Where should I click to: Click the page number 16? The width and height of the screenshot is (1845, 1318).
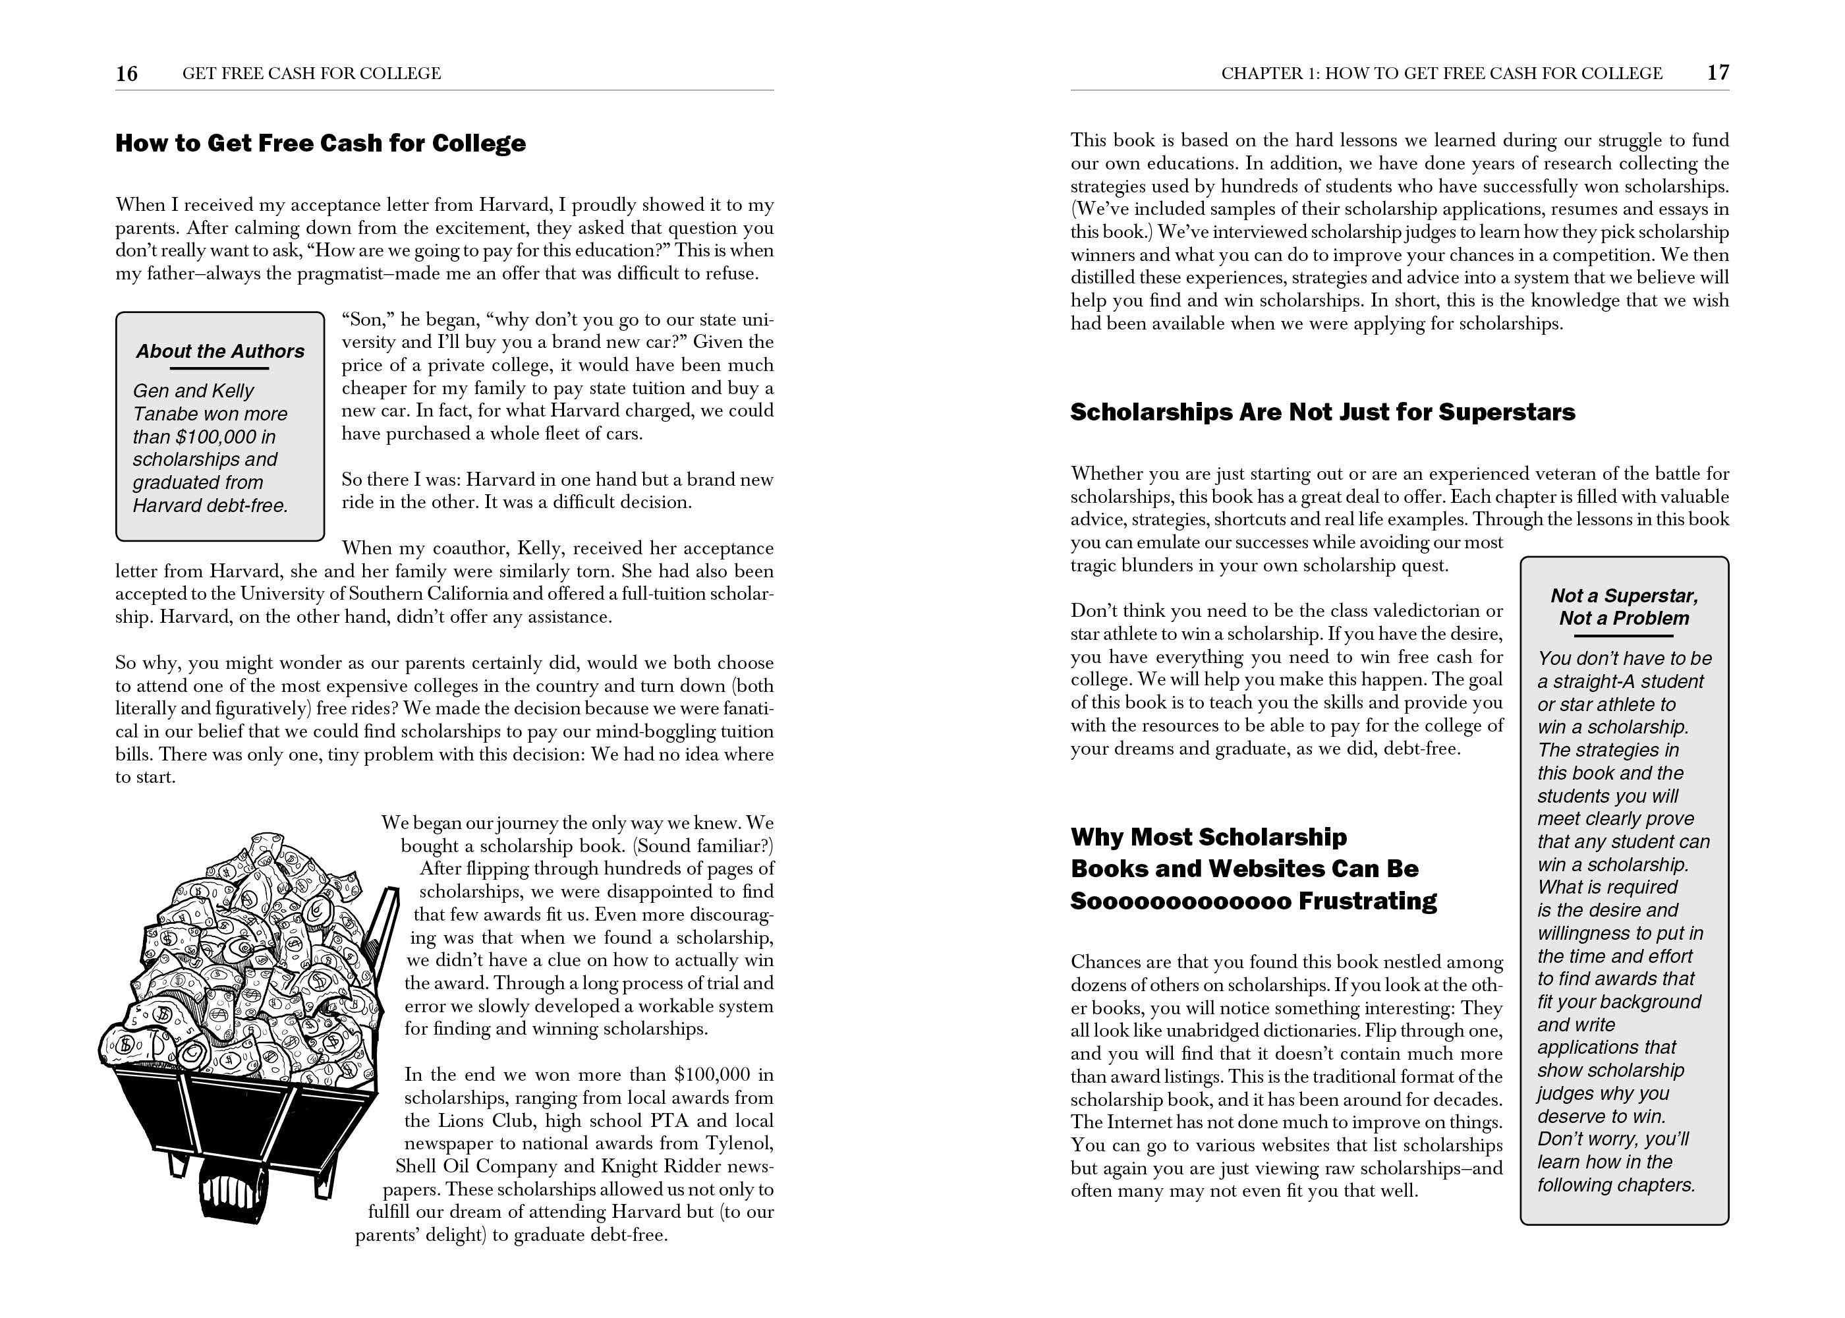[127, 74]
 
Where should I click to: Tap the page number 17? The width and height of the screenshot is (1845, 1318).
[1718, 73]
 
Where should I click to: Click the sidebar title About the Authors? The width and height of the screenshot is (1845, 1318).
[220, 351]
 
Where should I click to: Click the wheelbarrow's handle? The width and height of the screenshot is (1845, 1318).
[389, 917]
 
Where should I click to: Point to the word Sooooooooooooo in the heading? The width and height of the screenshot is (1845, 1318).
[1179, 901]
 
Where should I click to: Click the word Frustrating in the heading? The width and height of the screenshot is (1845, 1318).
[1367, 901]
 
